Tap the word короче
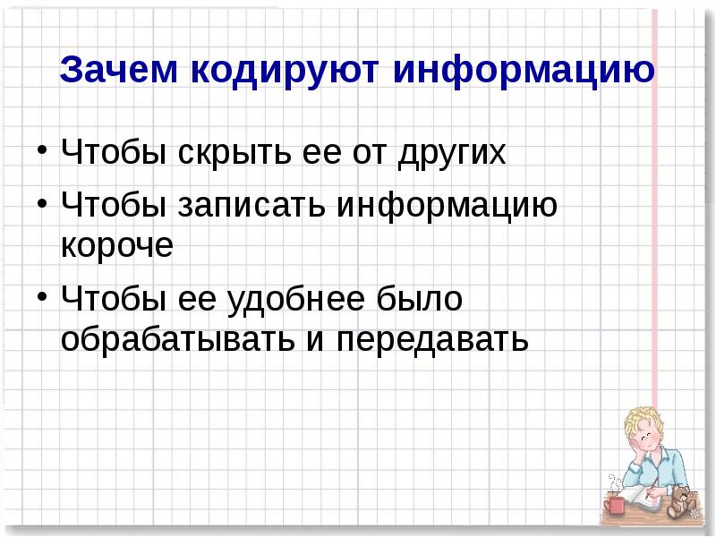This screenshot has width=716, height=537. (116, 246)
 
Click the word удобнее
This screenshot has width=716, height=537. (291, 299)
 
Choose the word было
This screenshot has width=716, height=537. (422, 299)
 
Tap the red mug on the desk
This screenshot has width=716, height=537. (615, 506)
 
